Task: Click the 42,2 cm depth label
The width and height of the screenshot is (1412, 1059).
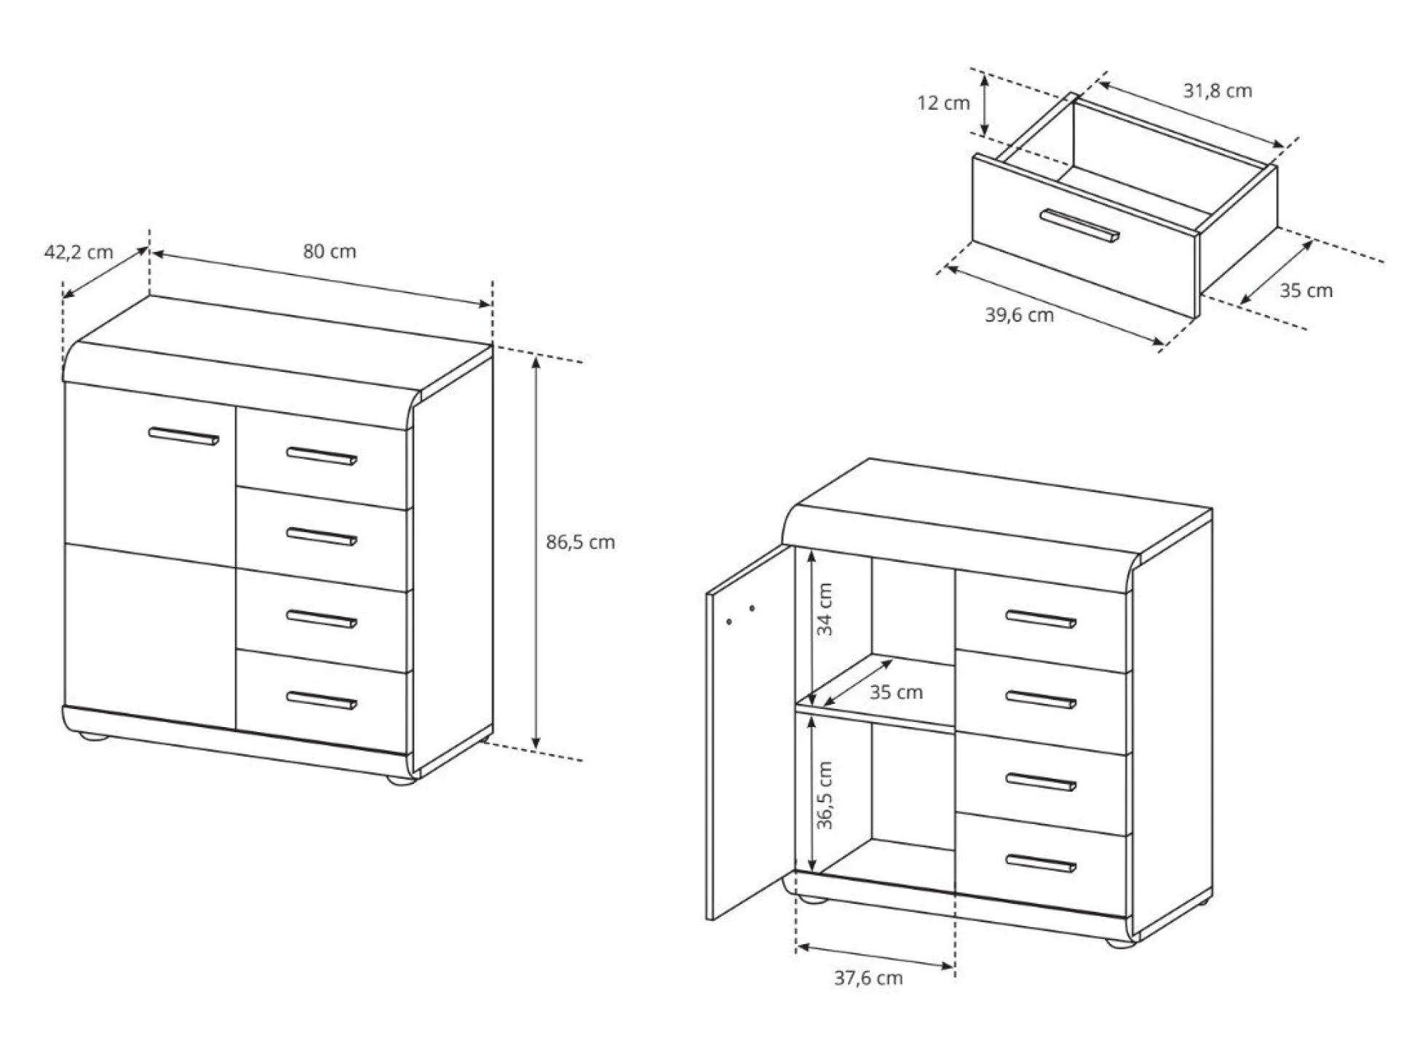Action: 79,253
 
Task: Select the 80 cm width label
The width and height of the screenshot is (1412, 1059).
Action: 330,251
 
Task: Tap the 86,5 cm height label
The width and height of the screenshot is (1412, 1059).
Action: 580,542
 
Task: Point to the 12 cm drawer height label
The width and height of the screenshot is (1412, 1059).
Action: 943,103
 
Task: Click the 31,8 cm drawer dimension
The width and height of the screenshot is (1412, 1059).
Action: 1218,91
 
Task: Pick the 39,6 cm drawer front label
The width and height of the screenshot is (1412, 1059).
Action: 1019,315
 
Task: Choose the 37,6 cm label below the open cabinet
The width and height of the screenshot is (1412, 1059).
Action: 868,977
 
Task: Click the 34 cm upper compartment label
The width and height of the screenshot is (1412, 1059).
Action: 825,610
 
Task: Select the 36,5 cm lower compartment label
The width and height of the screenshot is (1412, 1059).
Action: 825,796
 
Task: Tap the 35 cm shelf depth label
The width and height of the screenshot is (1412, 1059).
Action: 896,692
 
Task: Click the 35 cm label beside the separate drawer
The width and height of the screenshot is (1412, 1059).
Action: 1306,290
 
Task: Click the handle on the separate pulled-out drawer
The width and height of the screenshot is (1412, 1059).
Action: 1079,226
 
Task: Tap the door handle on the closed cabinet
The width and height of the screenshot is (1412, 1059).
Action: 183,436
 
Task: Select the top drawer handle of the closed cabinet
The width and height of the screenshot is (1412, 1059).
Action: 322,456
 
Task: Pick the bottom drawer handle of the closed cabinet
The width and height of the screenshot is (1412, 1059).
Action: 322,700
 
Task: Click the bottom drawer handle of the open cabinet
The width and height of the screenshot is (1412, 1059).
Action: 1041,863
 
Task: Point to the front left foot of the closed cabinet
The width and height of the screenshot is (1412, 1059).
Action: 92,737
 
